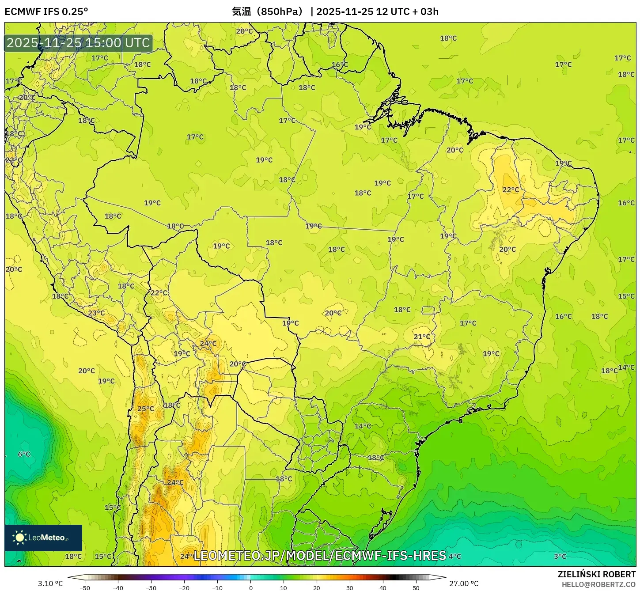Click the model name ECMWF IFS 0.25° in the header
pos(46,11)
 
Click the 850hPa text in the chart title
pos(280,11)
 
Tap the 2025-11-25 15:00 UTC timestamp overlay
pos(78,43)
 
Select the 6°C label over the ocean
pos(24,454)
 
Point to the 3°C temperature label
pos(560,556)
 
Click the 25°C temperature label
pos(146,409)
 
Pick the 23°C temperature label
pos(96,313)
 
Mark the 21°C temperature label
pos(422,337)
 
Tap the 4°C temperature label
pos(455,556)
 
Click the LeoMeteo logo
pos(43,538)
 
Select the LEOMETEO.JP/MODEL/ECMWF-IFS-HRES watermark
pos(320,555)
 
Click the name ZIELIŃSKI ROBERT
pos(597,574)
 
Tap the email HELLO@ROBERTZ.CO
pos(598,584)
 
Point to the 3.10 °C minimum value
pos(50,583)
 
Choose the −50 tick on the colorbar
pos(84,587)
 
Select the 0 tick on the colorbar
pos(250,587)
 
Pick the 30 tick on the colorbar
pos(350,587)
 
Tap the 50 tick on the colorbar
pos(416,587)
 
